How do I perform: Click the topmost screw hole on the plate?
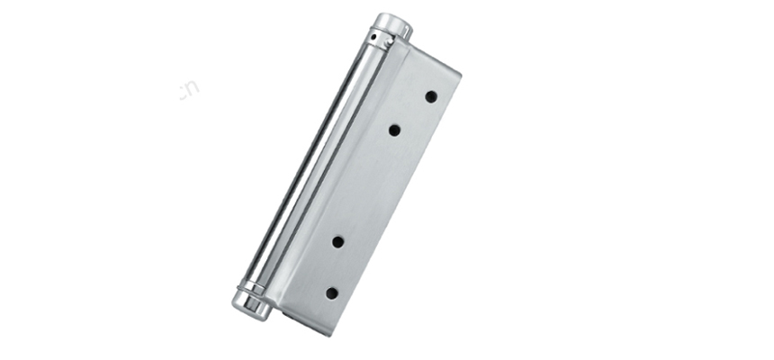(431, 96)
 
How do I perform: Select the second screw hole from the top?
(394, 130)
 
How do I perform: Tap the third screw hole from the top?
(338, 241)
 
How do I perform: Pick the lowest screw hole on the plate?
(331, 292)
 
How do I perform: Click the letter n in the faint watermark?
(193, 88)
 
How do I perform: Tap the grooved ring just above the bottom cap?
(253, 287)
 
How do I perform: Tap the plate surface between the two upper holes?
(412, 113)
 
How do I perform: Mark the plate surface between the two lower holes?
(335, 267)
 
